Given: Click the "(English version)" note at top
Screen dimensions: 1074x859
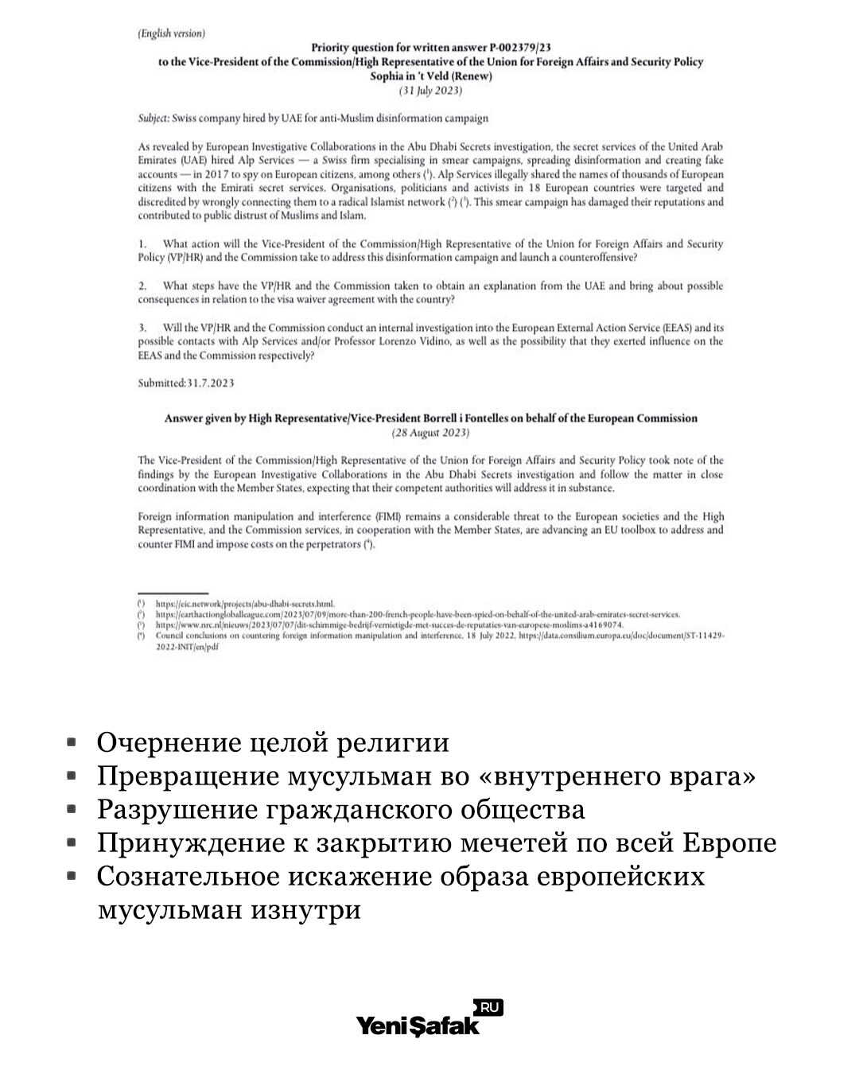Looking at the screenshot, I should pyautogui.click(x=171, y=33).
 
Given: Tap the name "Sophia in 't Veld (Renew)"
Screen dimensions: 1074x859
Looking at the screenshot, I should pyautogui.click(x=431, y=76).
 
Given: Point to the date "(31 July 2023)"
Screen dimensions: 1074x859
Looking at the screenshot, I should pyautogui.click(x=430, y=91).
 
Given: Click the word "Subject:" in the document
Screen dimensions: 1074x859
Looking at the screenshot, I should pyautogui.click(x=153, y=119).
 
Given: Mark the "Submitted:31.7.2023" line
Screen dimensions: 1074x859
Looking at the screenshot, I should pyautogui.click(x=186, y=383).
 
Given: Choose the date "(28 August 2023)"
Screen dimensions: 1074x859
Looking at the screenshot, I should pyautogui.click(x=430, y=433).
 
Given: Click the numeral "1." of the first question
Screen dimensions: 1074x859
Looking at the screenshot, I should pyautogui.click(x=142, y=244).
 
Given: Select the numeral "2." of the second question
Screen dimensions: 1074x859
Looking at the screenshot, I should pyautogui.click(x=142, y=286).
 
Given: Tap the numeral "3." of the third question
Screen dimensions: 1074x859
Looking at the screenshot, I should pyautogui.click(x=142, y=328).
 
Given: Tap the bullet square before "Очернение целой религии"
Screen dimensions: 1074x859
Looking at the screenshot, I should pyautogui.click(x=72, y=741).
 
